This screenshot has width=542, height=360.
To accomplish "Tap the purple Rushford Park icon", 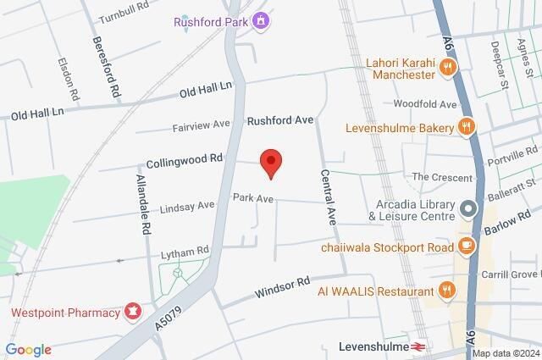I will coord(261,19).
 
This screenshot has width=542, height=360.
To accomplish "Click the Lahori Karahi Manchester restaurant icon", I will coord(449,69).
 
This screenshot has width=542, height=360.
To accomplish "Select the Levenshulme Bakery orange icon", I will coord(465,128).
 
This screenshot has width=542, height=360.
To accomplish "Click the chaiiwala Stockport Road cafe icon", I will coord(465,246).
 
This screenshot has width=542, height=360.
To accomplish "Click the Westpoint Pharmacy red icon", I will coord(132,313).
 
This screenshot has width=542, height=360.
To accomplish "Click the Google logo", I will coord(28,349).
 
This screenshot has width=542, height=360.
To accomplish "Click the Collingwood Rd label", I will coord(184,158).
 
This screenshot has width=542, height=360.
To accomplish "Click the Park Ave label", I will coord(253,198).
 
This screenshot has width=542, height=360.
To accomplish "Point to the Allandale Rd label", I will coord(143,205).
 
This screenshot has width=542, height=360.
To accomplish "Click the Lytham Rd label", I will coord(185,252).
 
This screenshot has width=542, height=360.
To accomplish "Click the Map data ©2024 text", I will coord(505,353).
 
